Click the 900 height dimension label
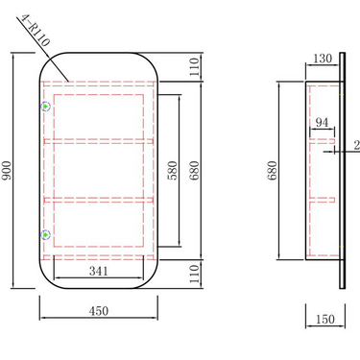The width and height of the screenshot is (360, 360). (x=7, y=170)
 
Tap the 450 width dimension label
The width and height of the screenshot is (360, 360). (x=99, y=311)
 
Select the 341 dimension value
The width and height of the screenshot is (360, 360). (x=99, y=271)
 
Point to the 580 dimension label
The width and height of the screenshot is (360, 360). (x=173, y=171)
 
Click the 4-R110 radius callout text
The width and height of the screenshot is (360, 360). (x=36, y=31)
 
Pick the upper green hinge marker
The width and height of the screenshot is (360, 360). (x=45, y=107)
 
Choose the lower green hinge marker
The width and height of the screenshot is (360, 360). (x=45, y=235)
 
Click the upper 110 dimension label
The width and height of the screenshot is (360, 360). (x=195, y=67)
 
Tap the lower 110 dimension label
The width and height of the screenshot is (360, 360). (x=195, y=274)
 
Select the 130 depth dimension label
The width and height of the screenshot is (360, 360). (x=323, y=59)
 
